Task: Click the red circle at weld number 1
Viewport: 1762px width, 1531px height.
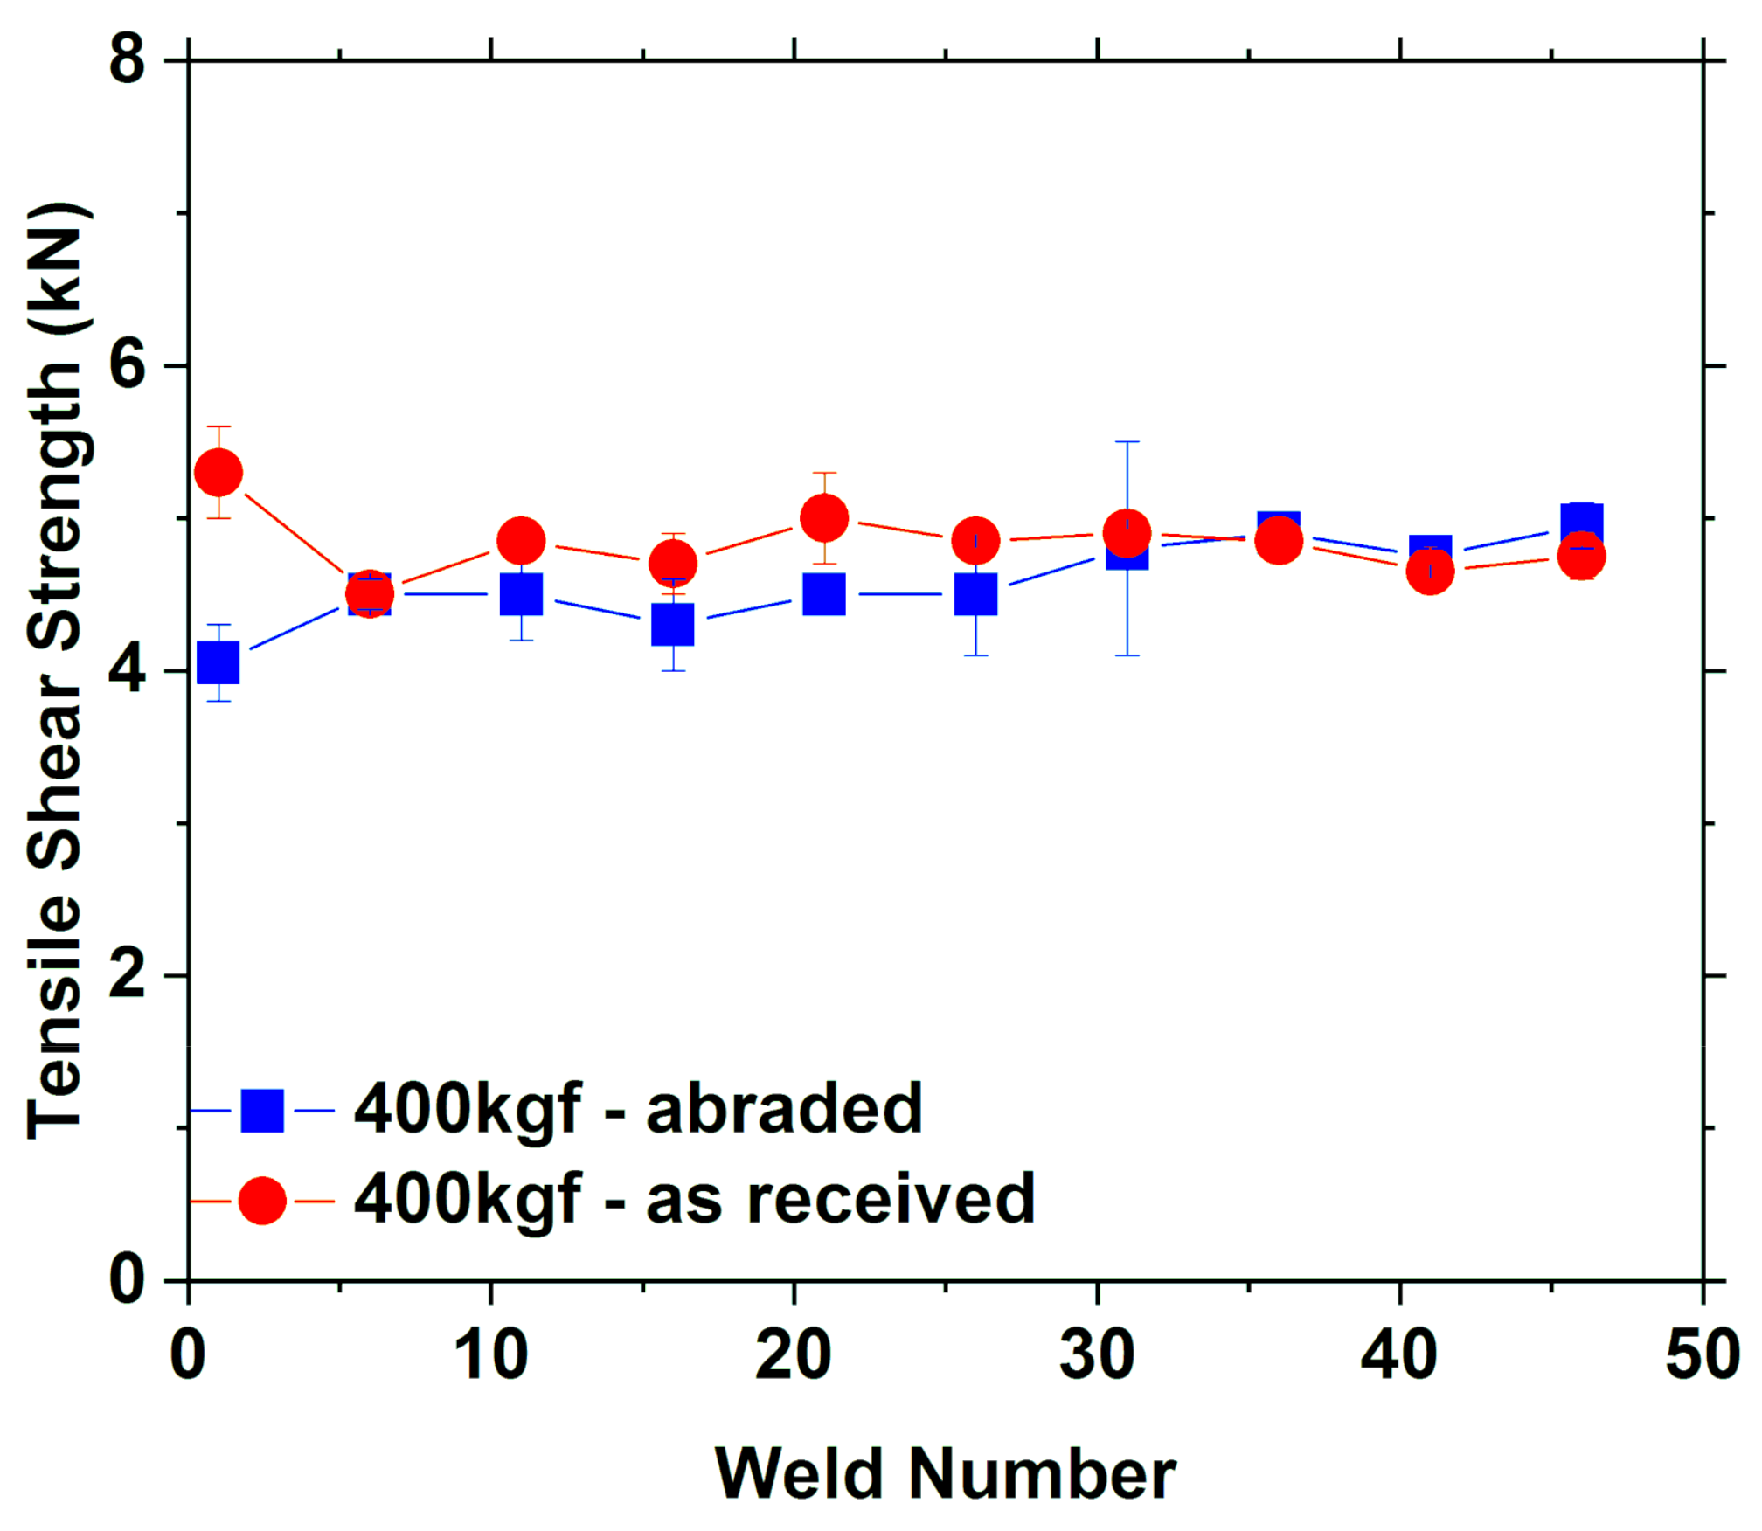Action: click(x=219, y=473)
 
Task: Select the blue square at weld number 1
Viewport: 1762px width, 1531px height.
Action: click(x=219, y=662)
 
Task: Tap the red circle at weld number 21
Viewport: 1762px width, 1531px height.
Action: click(x=824, y=518)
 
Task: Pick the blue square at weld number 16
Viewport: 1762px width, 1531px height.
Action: click(x=673, y=624)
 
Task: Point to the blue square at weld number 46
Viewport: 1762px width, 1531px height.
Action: click(x=1582, y=523)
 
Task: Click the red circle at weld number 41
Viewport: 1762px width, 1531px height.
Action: click(x=1430, y=572)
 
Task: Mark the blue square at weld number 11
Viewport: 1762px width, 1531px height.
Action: click(x=522, y=594)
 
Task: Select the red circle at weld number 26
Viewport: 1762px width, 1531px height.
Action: click(x=975, y=541)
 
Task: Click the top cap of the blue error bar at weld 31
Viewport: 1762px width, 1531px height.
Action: click(x=1127, y=442)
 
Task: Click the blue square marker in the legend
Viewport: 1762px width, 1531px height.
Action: click(x=262, y=1111)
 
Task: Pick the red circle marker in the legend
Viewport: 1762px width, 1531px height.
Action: click(x=262, y=1201)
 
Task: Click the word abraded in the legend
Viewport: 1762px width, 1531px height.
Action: click(x=784, y=1109)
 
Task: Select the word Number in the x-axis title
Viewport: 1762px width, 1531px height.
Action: click(x=1042, y=1474)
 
